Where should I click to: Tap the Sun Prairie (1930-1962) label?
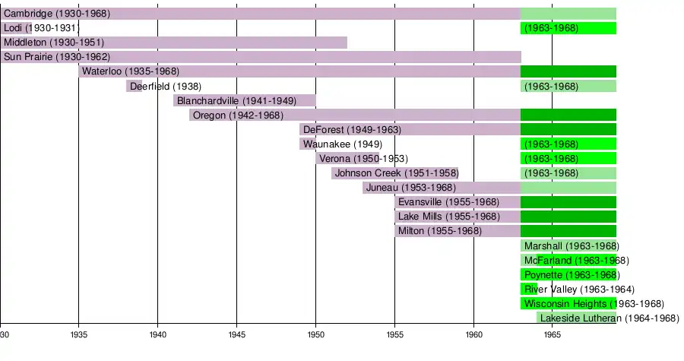[x=57, y=57]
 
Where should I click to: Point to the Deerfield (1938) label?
[x=166, y=86]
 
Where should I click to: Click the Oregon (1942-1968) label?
[x=238, y=115]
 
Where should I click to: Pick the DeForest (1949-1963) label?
[x=352, y=129]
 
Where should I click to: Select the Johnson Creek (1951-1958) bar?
[x=394, y=173]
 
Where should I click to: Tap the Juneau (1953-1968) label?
[x=410, y=187]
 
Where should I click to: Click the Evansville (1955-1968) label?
[x=448, y=201]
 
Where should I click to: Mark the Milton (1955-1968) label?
[x=440, y=230]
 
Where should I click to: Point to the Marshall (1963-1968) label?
[x=572, y=245]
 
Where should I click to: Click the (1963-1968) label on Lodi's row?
[x=551, y=28]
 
